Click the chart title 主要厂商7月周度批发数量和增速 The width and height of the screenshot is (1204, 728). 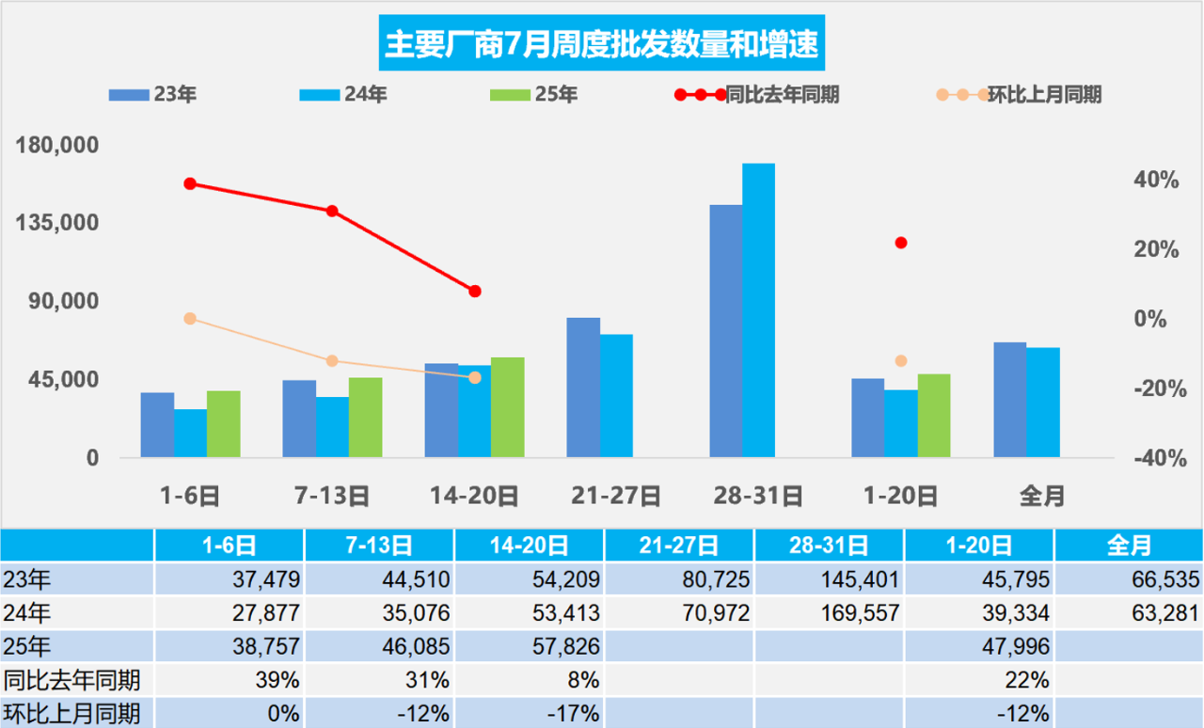[x=602, y=44]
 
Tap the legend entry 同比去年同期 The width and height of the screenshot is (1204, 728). [x=757, y=94]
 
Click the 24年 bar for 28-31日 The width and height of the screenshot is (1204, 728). [x=758, y=310]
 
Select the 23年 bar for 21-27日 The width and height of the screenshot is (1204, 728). [x=583, y=388]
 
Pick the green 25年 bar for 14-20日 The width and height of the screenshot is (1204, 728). [x=507, y=407]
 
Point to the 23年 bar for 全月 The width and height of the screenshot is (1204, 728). [x=1009, y=400]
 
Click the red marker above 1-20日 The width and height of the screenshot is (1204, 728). [x=901, y=243]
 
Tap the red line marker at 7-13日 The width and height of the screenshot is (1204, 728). [x=332, y=211]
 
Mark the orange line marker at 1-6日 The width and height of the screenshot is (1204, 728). [x=190, y=319]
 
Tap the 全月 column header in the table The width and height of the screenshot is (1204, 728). [x=1129, y=545]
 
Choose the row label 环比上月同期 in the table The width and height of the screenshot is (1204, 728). [x=71, y=713]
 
